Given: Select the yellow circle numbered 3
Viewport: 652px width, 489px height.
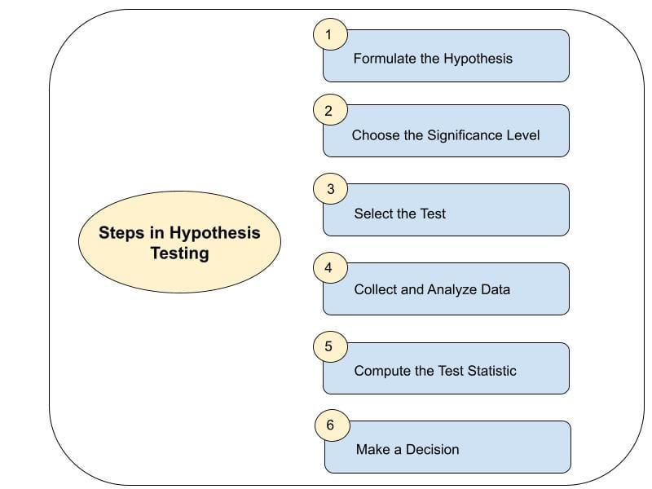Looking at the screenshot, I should coord(330,189).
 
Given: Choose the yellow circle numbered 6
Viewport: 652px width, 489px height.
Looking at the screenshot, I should coord(331,425).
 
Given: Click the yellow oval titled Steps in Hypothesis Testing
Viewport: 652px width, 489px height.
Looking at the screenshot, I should coord(179,243).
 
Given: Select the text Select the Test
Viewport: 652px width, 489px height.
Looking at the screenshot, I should coord(399,214).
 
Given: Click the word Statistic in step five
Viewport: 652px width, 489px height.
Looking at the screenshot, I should coord(491,371).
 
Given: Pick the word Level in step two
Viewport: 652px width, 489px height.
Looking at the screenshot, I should coord(523,135).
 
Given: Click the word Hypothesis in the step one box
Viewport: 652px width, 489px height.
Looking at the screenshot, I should coord(478,59).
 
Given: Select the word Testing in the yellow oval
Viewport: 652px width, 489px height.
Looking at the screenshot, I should coord(179,253).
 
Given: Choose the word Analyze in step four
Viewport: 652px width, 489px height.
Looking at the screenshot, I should coord(452,289).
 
